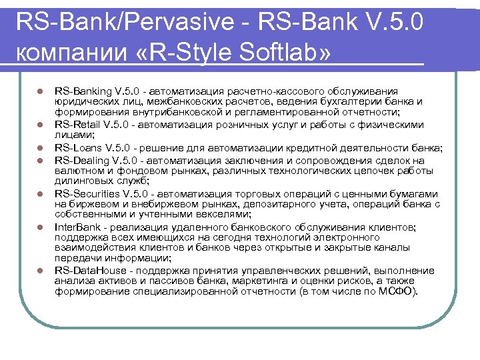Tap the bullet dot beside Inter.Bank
[x=40, y=227]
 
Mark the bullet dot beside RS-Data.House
[x=40, y=271]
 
